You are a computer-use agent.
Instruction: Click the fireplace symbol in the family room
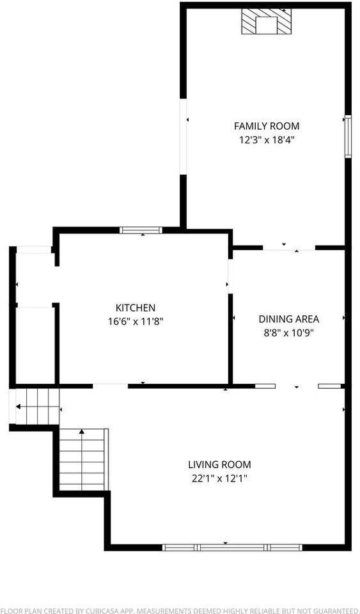click(265, 22)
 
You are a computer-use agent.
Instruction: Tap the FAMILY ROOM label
click(266, 126)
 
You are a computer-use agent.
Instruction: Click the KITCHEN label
click(135, 308)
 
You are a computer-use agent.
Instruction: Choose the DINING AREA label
click(288, 319)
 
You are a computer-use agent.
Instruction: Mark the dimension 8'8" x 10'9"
click(288, 332)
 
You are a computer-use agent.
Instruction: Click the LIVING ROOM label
click(219, 464)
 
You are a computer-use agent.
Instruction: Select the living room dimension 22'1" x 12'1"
click(219, 478)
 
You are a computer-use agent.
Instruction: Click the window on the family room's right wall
click(347, 136)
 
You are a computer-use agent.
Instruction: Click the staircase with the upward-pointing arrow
click(82, 459)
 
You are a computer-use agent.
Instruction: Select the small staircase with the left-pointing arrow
click(37, 406)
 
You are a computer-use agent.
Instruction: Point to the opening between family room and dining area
click(289, 248)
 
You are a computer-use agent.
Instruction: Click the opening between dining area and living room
click(297, 386)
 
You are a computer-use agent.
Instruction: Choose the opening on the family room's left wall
click(184, 136)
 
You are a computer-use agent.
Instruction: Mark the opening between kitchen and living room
click(110, 386)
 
